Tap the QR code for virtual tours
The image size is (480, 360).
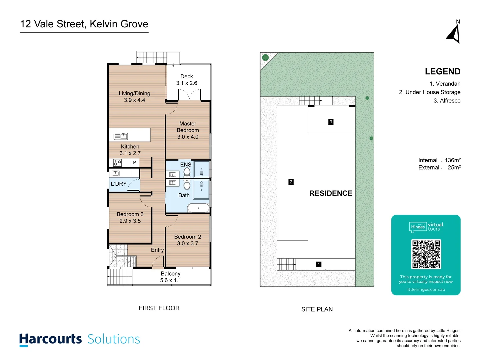click(426, 254)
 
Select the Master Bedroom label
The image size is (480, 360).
click(188, 130)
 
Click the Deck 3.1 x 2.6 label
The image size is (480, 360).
click(187, 80)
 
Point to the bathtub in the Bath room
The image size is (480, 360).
click(198, 208)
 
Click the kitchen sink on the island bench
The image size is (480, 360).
click(121, 136)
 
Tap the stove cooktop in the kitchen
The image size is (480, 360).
click(117, 163)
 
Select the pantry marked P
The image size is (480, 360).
click(134, 162)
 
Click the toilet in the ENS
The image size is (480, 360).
click(187, 172)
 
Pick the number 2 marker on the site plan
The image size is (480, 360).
click(291, 182)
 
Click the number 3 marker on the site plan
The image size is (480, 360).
click(331, 122)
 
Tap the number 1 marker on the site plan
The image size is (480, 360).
click(319, 264)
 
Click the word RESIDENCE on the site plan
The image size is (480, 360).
click(331, 193)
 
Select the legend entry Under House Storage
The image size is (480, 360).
click(430, 92)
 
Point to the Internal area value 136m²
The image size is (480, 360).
click(453, 160)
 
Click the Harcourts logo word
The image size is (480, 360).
click(50, 339)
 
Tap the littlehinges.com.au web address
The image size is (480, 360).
click(426, 289)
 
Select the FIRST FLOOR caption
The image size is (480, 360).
click(159, 308)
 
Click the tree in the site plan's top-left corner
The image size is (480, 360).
click(265, 57)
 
